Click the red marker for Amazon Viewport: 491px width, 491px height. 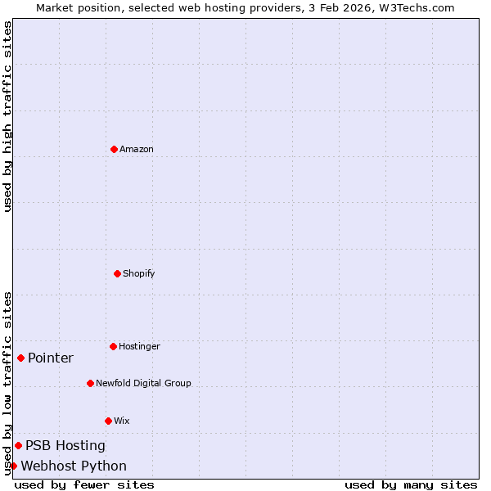click(x=114, y=149)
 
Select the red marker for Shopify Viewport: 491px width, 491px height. click(x=117, y=273)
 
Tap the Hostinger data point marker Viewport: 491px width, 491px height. click(x=113, y=346)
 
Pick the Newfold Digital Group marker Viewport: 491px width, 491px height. click(x=90, y=383)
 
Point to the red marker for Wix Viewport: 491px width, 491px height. click(x=108, y=421)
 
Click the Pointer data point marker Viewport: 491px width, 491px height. click(x=20, y=358)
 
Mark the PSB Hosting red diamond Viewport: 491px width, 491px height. click(x=18, y=445)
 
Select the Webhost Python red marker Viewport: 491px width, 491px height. click(x=13, y=466)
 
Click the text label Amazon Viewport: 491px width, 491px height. click(x=137, y=149)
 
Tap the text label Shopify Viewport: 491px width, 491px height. click(x=139, y=273)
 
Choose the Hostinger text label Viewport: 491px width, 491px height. click(x=139, y=346)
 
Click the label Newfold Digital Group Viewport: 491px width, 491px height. click(x=143, y=383)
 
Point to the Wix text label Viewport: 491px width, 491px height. click(x=122, y=421)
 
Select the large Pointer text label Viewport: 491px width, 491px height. click(x=51, y=358)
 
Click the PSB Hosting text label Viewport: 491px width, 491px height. click(x=65, y=445)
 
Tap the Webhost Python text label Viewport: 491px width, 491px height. click(x=74, y=466)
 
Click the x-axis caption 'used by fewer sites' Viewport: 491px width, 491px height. click(x=84, y=484)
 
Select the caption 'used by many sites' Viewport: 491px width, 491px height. click(x=411, y=484)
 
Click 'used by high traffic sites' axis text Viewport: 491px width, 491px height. click(x=7, y=116)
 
